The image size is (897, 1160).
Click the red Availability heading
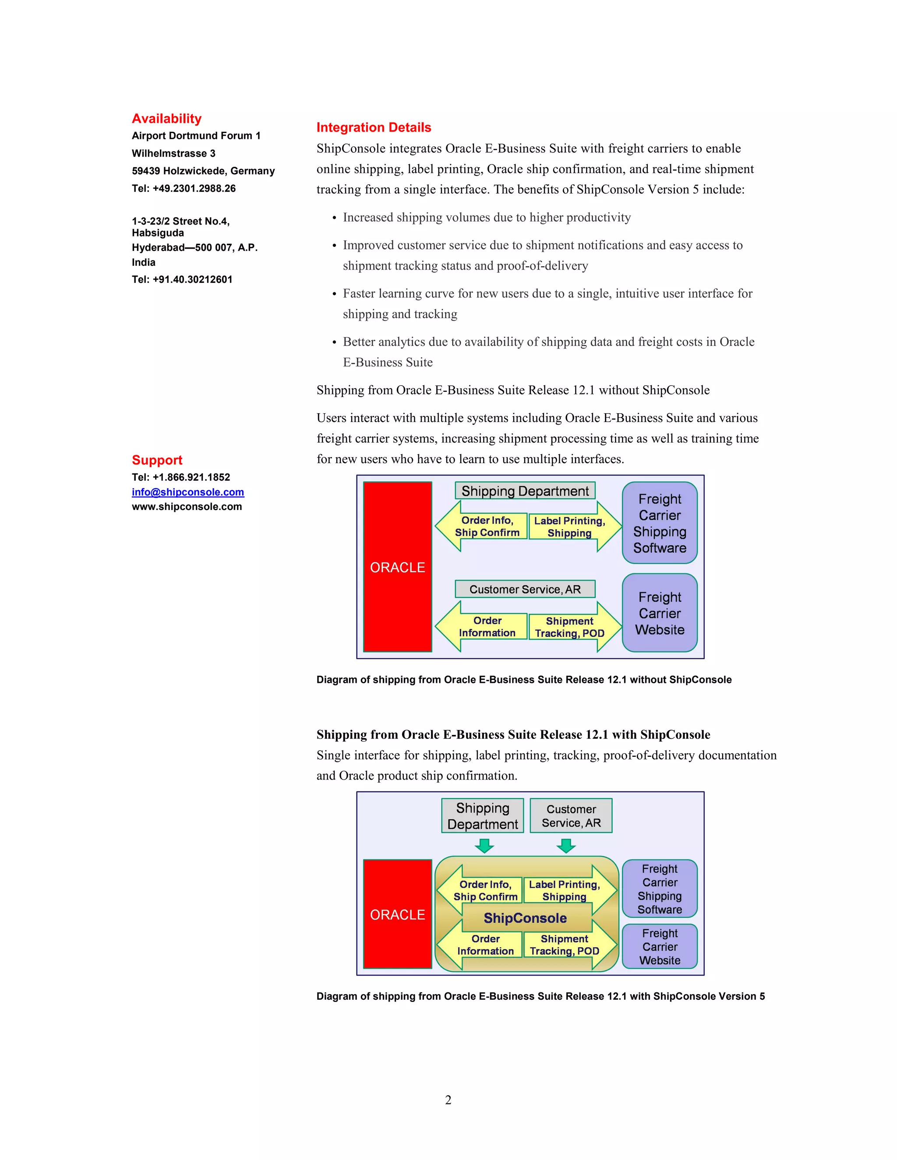166,119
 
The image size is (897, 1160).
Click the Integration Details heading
374,127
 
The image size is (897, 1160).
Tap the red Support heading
157,460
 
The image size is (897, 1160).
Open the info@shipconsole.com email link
187,492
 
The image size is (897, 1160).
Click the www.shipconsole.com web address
187,507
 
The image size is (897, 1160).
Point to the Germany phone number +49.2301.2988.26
194,189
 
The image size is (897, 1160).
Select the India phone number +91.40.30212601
192,279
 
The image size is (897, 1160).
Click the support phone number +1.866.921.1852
191,478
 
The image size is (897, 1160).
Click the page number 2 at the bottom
448,1100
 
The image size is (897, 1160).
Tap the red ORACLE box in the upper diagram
398,567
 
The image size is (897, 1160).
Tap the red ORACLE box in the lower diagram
398,914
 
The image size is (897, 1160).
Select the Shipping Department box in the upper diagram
525,491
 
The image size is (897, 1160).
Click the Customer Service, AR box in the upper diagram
525,589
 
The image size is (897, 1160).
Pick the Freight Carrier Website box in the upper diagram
660,613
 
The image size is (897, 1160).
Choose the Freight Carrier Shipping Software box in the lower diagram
660,889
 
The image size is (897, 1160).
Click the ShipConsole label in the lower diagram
525,918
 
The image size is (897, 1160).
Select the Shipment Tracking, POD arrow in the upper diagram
570,627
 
